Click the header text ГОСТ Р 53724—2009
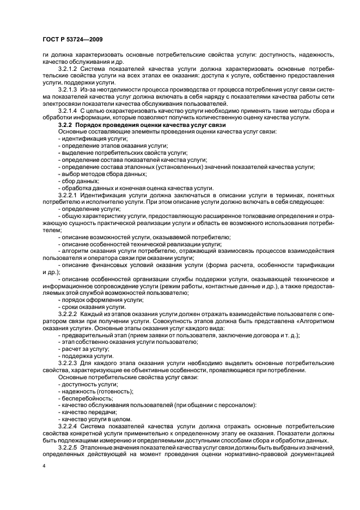[x=71, y=39]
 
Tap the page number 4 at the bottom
[x=44, y=466]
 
